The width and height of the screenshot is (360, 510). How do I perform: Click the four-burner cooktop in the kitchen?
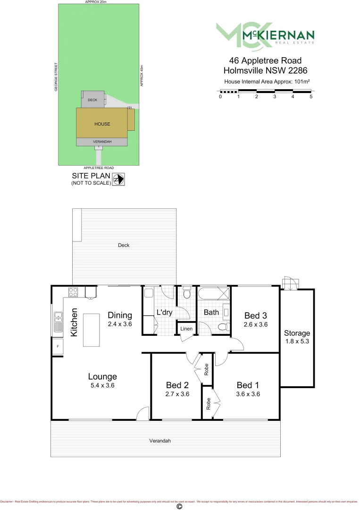click(x=73, y=292)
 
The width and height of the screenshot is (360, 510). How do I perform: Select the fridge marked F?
click(x=58, y=347)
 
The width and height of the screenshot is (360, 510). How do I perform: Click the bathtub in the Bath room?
click(x=214, y=294)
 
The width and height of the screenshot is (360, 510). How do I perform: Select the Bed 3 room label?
click(x=255, y=316)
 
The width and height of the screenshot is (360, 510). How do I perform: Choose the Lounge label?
click(x=102, y=376)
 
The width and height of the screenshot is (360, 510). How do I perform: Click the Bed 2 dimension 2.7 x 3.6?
click(x=178, y=393)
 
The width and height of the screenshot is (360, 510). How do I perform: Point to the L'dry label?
click(x=164, y=313)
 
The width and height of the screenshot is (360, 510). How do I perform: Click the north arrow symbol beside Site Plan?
click(x=118, y=179)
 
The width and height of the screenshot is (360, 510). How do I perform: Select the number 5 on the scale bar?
click(x=311, y=97)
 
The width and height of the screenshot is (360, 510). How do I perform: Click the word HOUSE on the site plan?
click(x=102, y=124)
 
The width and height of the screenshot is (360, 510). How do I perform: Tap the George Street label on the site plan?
click(x=56, y=77)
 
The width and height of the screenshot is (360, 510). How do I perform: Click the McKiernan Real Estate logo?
click(x=265, y=36)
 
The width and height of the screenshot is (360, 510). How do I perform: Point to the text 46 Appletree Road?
click(x=265, y=60)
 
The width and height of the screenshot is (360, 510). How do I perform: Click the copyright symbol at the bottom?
click(x=179, y=506)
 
